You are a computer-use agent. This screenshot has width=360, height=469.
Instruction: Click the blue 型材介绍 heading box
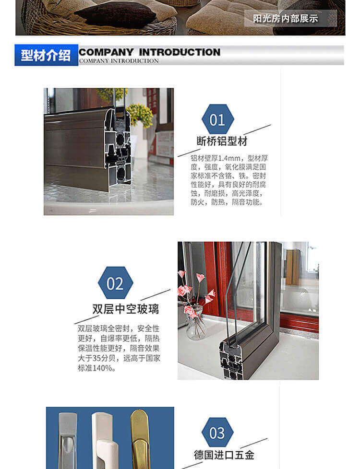click(x=47, y=55)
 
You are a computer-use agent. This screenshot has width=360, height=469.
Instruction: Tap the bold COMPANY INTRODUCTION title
click(x=149, y=52)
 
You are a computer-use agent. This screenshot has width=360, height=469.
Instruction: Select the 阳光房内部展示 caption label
click(x=286, y=19)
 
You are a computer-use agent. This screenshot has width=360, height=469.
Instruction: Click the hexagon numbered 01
click(x=218, y=119)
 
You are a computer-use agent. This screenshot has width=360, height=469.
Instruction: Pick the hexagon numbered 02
click(x=115, y=282)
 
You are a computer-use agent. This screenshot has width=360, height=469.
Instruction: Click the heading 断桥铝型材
click(x=222, y=141)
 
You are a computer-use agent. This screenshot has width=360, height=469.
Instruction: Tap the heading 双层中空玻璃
click(x=126, y=309)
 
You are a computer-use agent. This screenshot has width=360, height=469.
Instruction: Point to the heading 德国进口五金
click(x=224, y=455)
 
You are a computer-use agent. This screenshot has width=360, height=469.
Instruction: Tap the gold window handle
click(x=140, y=439)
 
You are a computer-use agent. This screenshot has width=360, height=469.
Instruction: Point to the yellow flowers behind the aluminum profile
click(x=140, y=115)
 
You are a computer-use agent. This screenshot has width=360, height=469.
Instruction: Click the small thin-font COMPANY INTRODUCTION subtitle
click(x=119, y=61)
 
